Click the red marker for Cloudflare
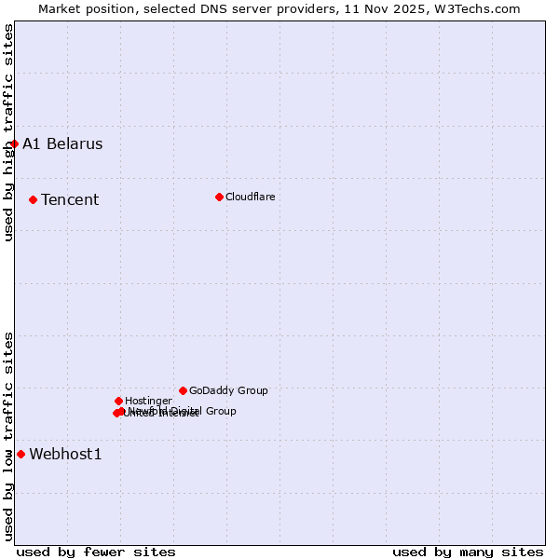219,197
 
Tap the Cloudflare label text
250,197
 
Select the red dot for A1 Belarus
14,143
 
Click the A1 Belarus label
62,143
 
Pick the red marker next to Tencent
33,199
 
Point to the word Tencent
70,199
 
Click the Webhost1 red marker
20,454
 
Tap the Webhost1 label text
65,454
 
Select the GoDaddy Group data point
183,390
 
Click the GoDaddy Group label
228,390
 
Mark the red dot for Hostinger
118,401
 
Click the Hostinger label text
148,401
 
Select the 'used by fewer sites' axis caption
96,552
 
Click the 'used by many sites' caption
468,552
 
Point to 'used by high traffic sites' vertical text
8,132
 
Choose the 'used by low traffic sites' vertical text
8,436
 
